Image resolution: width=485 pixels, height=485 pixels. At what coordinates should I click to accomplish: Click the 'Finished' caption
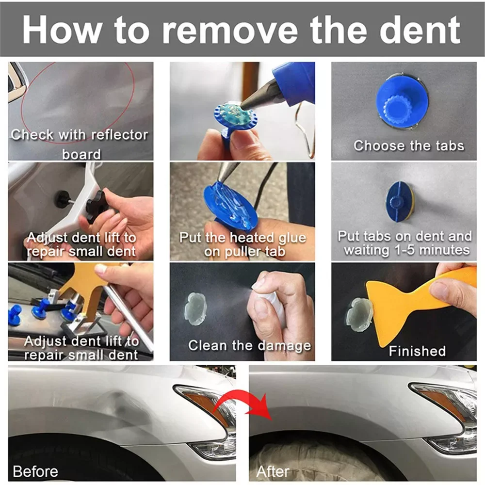(417, 351)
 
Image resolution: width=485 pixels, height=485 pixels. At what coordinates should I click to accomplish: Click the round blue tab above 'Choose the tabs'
(402, 101)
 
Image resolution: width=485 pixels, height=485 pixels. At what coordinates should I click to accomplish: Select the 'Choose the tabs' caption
(408, 145)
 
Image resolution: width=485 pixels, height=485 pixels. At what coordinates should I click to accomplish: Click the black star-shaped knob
(96, 206)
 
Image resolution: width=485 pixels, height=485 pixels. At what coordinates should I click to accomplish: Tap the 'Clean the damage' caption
(249, 346)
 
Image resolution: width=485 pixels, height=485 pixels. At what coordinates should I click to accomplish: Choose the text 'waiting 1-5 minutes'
(406, 250)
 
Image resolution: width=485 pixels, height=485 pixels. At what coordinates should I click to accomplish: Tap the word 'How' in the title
(63, 30)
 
